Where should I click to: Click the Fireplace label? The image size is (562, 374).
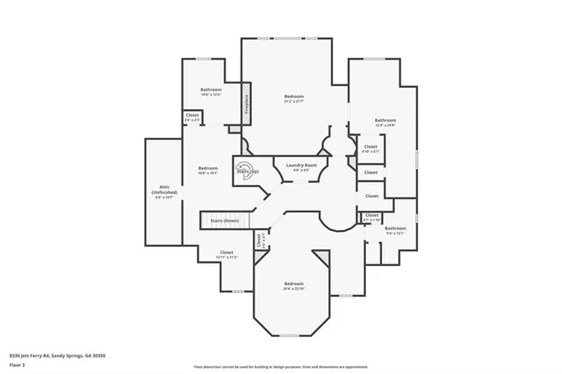tap(247, 104)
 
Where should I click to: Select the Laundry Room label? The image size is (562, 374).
tap(299, 166)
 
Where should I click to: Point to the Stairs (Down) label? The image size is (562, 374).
tap(225, 220)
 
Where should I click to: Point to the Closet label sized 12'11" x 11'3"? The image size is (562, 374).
tap(227, 253)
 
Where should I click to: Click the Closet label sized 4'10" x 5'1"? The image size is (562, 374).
tap(371, 147)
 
